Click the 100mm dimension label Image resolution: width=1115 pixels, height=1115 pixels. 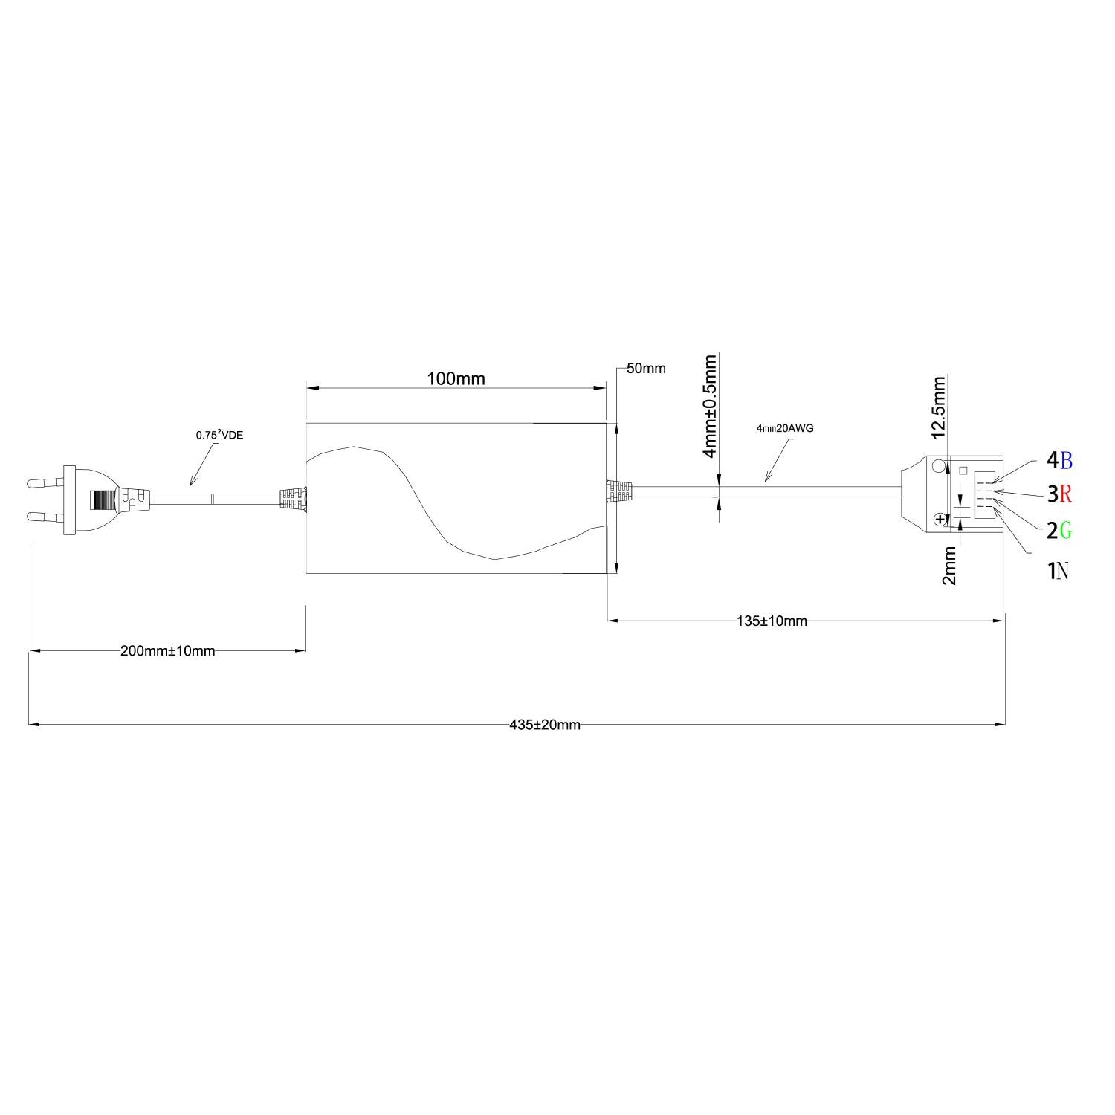tap(456, 379)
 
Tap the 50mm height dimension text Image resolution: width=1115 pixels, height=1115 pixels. tap(646, 369)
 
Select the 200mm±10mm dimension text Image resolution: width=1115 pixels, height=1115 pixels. tap(167, 651)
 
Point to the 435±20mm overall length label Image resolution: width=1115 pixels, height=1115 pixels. tap(545, 725)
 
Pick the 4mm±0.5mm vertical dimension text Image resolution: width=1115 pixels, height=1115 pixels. tap(711, 406)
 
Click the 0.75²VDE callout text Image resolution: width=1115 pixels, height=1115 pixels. tap(219, 436)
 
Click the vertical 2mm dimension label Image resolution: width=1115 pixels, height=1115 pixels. tap(949, 566)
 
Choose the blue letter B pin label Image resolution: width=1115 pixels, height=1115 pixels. tap(1067, 461)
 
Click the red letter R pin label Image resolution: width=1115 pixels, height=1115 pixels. tap(1066, 494)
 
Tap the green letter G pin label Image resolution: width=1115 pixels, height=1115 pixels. tap(1066, 531)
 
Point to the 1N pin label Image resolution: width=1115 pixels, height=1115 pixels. tap(1058, 571)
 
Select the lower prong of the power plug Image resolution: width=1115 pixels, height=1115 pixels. tap(46, 516)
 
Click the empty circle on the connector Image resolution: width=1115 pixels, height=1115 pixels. tap(940, 467)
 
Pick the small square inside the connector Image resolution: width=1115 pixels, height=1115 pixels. tap(963, 471)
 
